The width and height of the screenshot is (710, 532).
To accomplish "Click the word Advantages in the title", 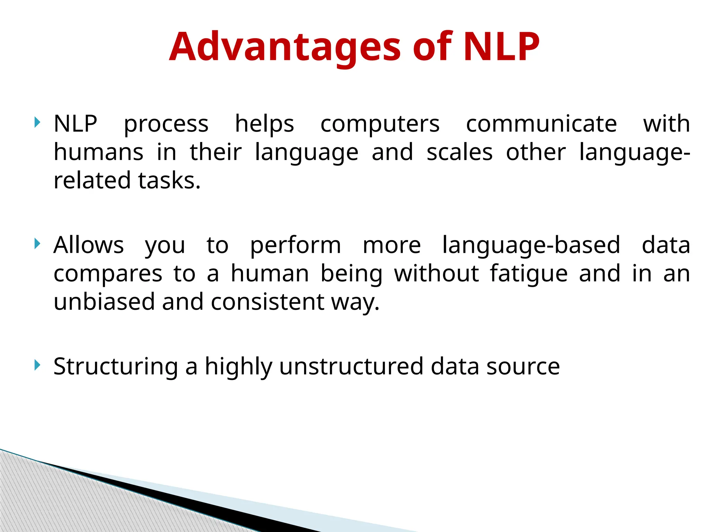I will coord(285,47).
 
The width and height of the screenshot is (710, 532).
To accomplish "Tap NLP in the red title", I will coord(501,47).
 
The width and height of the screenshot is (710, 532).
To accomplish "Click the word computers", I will coord(380,124).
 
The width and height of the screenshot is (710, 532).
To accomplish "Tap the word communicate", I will coord(541,124).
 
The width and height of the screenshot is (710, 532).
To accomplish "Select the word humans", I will coord(98,152).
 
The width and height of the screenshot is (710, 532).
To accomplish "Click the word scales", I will coord(459,152).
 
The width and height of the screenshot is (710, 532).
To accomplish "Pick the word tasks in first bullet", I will coord(169,181).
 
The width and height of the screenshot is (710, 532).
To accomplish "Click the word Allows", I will coord(88,245).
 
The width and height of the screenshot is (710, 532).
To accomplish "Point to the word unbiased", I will coord(104,302).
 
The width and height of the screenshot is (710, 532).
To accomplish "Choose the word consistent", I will coord(267,302).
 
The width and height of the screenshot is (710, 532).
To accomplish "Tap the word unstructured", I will coord(351,366).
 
